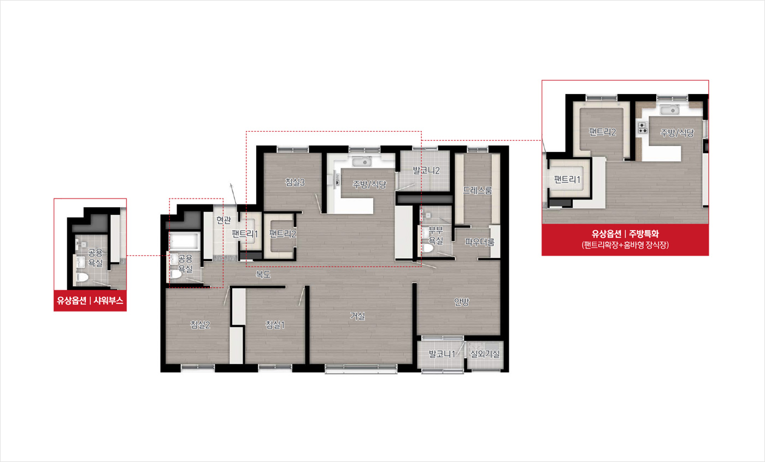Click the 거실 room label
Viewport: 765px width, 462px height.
(357, 316)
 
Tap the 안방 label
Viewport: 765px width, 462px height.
(461, 302)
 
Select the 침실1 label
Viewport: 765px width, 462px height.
(275, 325)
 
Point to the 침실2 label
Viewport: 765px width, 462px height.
(200, 325)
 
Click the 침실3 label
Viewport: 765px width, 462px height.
(295, 182)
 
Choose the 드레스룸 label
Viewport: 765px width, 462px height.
(478, 190)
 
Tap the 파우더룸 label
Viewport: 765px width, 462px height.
(480, 242)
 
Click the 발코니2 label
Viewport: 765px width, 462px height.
(426, 170)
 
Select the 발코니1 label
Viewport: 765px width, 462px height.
(442, 354)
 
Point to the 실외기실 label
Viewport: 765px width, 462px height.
(485, 354)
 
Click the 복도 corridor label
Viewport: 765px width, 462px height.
(263, 274)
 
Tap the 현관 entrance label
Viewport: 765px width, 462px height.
(223, 220)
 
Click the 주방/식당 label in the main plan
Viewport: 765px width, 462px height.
(369, 185)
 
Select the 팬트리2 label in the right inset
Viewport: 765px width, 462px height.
(602, 132)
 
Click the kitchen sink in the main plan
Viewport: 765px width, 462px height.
(362, 162)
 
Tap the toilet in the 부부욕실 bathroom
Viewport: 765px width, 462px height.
(427, 247)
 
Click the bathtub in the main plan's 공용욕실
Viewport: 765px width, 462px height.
(185, 241)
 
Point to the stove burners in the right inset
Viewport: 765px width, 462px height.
(643, 128)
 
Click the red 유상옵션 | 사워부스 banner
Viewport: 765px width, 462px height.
(90, 301)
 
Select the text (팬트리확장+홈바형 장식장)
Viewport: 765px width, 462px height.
(625, 245)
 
